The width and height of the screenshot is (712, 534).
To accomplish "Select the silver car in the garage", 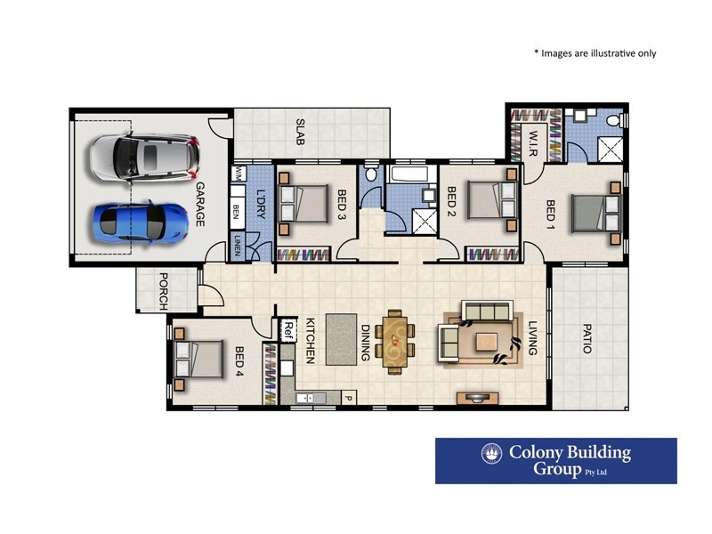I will point(142,157).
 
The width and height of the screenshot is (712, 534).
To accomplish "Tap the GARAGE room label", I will point(200,204).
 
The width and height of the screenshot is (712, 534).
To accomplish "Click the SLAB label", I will point(301,132).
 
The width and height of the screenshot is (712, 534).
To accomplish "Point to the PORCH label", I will point(163,289).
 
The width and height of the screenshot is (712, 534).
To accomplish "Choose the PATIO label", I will point(587,337).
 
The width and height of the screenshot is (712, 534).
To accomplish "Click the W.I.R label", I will point(534,140).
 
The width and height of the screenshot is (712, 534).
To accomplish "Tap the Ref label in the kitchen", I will point(287,329).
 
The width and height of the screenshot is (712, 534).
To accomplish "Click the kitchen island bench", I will point(339,338).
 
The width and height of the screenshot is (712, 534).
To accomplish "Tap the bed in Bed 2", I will point(489,200).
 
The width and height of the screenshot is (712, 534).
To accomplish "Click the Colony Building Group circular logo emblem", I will point(491,454).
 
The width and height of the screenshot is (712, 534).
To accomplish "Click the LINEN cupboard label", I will point(237,247).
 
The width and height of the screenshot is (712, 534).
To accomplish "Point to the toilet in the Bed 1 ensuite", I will point(613,120).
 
